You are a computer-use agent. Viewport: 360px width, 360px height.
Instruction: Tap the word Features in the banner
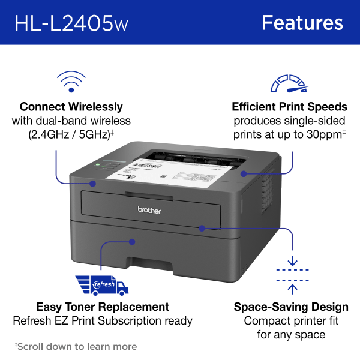[302, 23]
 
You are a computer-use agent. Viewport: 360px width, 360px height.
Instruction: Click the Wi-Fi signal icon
[71, 80]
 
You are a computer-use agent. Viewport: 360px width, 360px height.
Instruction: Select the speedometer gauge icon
[289, 83]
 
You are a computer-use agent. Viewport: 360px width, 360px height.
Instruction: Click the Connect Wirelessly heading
[71, 107]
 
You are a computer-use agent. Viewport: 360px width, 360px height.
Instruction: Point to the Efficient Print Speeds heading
[289, 107]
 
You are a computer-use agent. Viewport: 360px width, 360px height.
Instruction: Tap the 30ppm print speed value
[320, 134]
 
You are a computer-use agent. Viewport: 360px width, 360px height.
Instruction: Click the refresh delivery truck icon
[102, 284]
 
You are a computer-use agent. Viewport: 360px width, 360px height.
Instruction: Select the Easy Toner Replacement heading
[103, 307]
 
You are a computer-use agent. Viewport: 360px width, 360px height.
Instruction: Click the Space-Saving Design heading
[291, 307]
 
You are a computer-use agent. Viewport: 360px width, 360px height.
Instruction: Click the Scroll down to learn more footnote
[76, 346]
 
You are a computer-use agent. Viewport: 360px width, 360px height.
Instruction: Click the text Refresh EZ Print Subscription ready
[103, 321]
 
